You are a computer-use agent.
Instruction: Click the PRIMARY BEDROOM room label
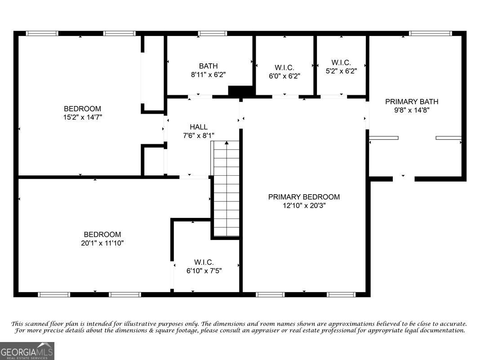[x=304, y=197]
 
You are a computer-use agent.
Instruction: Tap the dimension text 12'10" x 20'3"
[x=304, y=205]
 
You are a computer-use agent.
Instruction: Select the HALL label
[x=199, y=127]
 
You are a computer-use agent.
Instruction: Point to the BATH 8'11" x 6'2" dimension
[x=209, y=75]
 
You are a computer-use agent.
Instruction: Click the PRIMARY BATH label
[x=412, y=102]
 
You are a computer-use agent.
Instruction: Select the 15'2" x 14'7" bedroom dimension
[x=83, y=117]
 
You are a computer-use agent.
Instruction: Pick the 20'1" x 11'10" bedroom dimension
[x=102, y=243]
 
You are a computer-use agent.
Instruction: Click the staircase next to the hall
[x=226, y=188]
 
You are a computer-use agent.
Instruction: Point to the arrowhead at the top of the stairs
[x=227, y=142]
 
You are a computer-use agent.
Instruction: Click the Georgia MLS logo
[x=27, y=351]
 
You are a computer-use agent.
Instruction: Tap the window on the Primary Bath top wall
[x=430, y=33]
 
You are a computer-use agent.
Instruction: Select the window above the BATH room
[x=213, y=33]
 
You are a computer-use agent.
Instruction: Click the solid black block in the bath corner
[x=241, y=91]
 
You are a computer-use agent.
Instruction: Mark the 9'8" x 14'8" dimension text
[x=412, y=110]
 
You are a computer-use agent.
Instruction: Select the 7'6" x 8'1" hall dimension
[x=199, y=135]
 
